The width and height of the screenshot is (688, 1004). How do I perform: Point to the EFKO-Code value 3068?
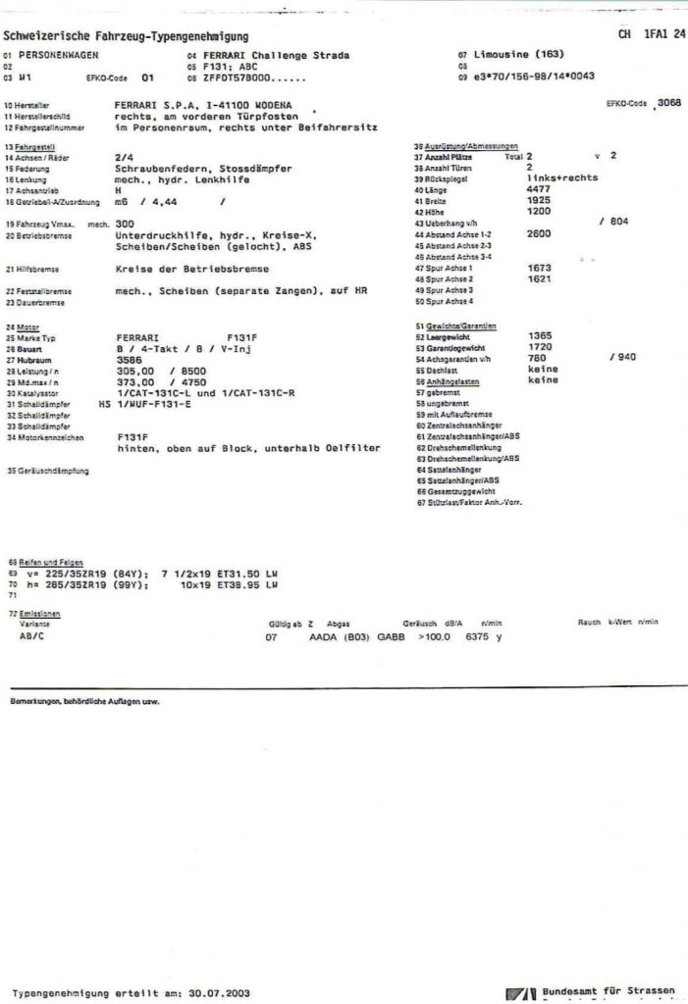pyautogui.click(x=668, y=102)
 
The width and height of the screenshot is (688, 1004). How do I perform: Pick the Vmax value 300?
pyautogui.click(x=125, y=224)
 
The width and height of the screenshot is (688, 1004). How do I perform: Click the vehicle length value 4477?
pyautogui.click(x=539, y=188)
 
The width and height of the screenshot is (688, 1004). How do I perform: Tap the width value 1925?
pyautogui.click(x=539, y=199)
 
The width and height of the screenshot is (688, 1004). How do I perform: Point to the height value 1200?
pyautogui.click(x=539, y=210)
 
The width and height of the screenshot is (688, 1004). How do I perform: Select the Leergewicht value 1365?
pyautogui.click(x=539, y=335)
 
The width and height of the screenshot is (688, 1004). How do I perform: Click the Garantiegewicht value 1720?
pyautogui.click(x=539, y=347)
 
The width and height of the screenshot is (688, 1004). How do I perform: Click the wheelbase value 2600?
pyautogui.click(x=539, y=234)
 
